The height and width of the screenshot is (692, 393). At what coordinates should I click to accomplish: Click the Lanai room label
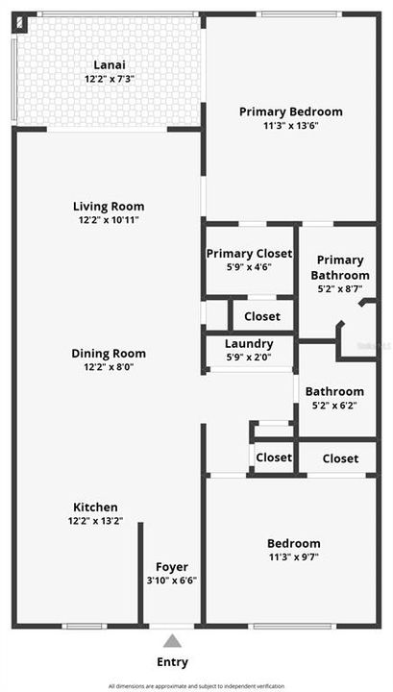click(109, 65)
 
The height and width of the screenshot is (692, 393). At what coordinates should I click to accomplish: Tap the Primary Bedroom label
click(290, 111)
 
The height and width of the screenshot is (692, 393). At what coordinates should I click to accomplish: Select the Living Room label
click(109, 206)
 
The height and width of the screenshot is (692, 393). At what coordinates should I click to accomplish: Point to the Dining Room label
click(109, 353)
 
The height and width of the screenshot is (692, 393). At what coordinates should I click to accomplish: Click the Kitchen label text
click(96, 507)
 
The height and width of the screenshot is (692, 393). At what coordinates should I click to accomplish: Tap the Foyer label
click(172, 567)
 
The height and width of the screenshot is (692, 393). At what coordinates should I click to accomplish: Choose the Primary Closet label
click(248, 254)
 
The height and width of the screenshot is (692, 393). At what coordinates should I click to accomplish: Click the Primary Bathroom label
click(341, 267)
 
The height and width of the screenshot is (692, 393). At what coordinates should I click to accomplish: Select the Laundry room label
click(249, 344)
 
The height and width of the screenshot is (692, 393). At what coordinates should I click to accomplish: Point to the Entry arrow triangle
click(172, 641)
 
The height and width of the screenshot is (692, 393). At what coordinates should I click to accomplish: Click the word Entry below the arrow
click(172, 662)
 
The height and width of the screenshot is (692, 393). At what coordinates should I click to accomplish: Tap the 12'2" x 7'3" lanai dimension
click(109, 79)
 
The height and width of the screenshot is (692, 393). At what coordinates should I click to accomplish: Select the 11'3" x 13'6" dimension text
click(290, 125)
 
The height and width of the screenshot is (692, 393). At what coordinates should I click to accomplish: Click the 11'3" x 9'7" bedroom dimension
click(294, 557)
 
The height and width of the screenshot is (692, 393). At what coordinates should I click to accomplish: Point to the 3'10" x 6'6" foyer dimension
click(172, 581)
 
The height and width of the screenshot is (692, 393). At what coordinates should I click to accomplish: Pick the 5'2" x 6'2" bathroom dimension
click(334, 405)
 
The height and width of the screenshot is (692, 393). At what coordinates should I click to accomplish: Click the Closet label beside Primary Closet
click(261, 316)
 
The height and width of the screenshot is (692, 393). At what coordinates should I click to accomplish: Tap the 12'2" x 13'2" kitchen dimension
click(96, 521)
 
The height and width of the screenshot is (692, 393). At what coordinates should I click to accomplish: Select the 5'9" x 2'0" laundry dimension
click(249, 358)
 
